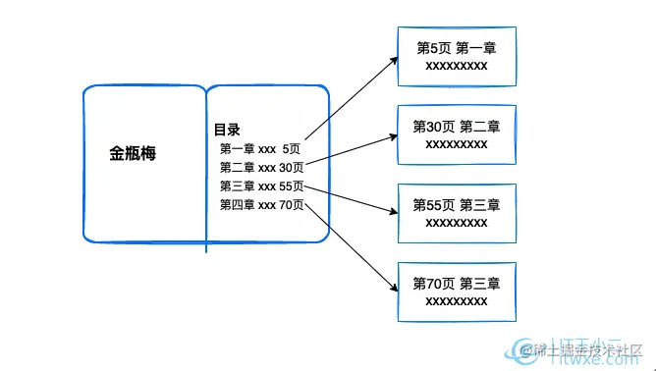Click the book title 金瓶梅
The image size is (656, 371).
pyautogui.click(x=134, y=154)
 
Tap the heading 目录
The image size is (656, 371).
pyautogui.click(x=228, y=130)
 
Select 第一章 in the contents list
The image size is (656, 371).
pyautogui.click(x=237, y=149)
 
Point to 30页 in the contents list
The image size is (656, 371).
pyautogui.click(x=292, y=168)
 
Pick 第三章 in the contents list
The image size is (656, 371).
pyautogui.click(x=237, y=186)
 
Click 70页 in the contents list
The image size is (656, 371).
pyautogui.click(x=292, y=205)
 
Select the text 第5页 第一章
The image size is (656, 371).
pyautogui.click(x=457, y=48)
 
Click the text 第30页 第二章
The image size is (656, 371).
pyautogui.click(x=457, y=127)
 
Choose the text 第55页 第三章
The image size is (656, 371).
pyautogui.click(x=457, y=205)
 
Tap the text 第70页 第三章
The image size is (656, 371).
pyautogui.click(x=457, y=284)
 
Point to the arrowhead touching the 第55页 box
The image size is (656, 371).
pyautogui.click(x=393, y=209)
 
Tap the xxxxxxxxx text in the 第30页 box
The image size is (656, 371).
pyautogui.click(x=457, y=143)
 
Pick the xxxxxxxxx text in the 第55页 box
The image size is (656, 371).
pyautogui.click(x=457, y=222)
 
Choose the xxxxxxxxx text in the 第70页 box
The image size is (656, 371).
pyautogui.click(x=457, y=300)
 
